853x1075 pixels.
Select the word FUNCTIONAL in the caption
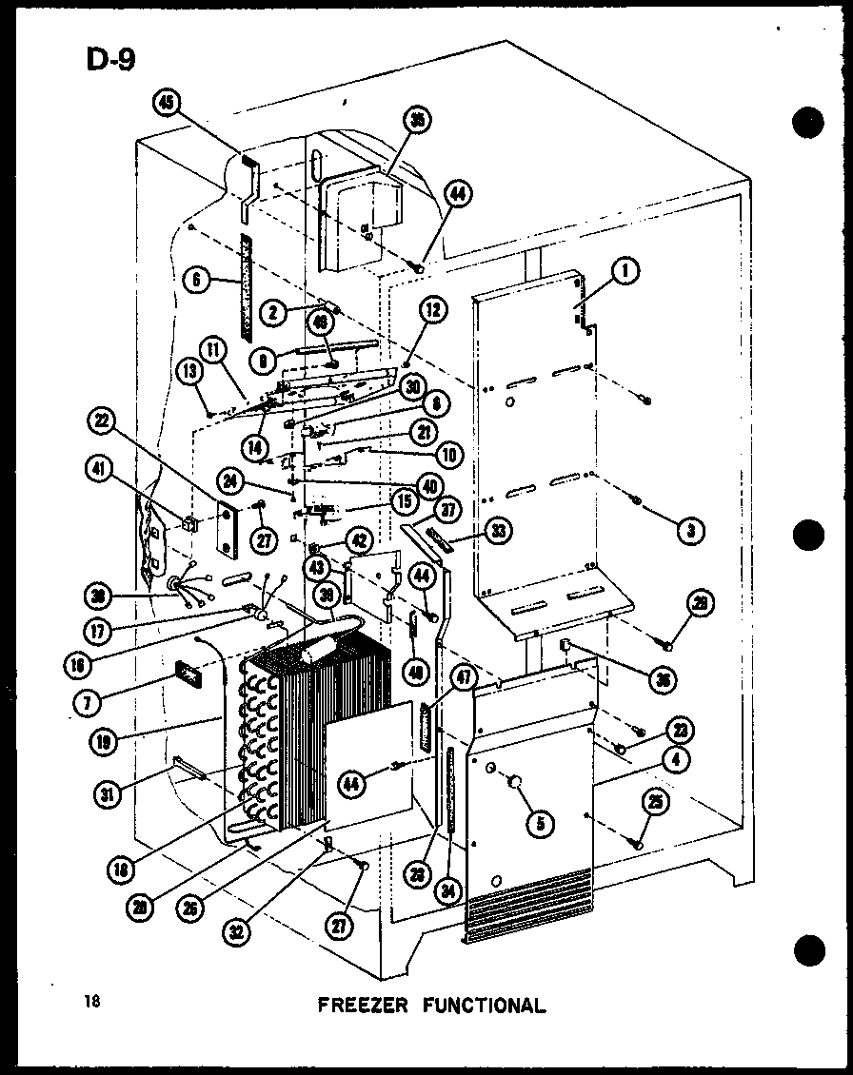486,1005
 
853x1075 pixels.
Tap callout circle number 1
625,273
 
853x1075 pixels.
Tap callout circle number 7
89,700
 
